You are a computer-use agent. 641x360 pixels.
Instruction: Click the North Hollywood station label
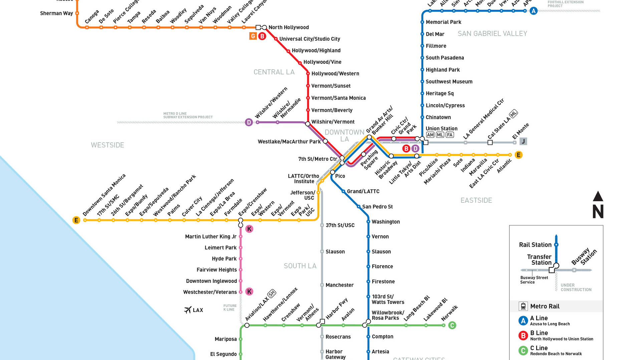[x=288, y=27]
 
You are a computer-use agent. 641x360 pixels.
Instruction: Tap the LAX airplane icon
[x=188, y=310]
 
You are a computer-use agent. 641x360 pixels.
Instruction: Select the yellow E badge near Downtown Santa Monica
[x=76, y=220]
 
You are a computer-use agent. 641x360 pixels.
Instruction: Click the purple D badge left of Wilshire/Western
[x=249, y=122]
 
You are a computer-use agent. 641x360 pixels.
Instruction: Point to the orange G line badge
[x=253, y=36]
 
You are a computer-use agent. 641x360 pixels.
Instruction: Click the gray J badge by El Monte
[x=523, y=141]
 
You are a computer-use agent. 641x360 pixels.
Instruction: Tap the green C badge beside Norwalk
[x=452, y=325]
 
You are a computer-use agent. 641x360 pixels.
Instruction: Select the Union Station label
[x=441, y=128]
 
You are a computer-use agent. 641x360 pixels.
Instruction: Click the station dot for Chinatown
[x=422, y=117]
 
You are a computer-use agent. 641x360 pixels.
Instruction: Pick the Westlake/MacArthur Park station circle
[x=325, y=141]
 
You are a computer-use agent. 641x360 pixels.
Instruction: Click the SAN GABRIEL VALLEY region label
[x=492, y=34]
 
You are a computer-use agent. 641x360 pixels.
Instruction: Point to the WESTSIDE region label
[x=108, y=145]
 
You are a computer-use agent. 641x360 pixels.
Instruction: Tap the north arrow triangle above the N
[x=598, y=196]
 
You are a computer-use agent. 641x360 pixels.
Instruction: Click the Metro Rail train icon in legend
[x=523, y=306]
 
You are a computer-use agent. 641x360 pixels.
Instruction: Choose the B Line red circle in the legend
[x=523, y=335]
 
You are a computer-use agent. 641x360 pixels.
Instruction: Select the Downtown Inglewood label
[x=211, y=281]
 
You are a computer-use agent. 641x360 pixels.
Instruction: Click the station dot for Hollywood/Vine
[x=300, y=62]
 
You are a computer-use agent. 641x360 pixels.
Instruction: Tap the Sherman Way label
[x=56, y=13]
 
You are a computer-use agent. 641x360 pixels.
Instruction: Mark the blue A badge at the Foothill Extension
[x=533, y=11]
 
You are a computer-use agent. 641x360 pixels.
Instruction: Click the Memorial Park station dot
[x=422, y=22]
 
